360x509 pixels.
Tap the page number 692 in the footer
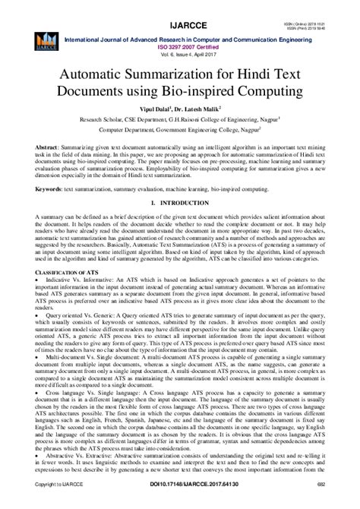tap(323, 502)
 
